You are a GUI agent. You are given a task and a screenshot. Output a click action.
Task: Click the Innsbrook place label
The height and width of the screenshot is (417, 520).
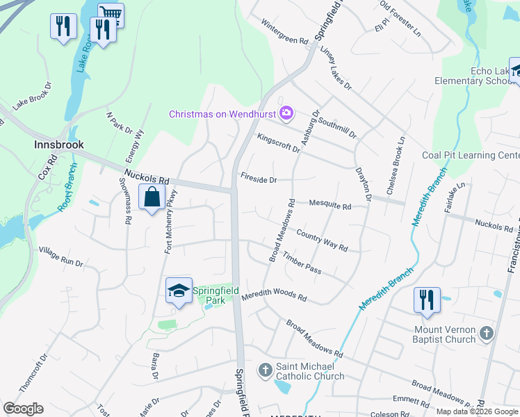point(59,145)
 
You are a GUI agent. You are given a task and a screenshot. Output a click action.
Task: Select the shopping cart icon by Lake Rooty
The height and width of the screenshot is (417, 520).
point(111,13)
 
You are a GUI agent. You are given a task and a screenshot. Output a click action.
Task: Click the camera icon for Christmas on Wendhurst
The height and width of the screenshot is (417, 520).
point(286,113)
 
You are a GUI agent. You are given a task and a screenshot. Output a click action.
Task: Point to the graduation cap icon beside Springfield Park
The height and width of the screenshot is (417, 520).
point(179,291)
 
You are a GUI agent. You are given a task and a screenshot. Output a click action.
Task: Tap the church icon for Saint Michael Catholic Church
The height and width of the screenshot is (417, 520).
point(265,370)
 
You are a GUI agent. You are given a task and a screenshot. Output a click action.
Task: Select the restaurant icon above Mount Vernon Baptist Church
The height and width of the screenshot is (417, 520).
point(426,300)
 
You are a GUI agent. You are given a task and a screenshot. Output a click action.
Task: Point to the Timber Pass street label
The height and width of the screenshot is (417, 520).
point(302,265)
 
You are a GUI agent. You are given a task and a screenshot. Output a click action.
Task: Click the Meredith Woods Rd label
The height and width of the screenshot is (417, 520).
point(274,296)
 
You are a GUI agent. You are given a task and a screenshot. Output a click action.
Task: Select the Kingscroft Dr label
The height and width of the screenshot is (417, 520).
point(278,143)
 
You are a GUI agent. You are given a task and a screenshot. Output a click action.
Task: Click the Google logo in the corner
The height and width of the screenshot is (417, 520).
point(23,409)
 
